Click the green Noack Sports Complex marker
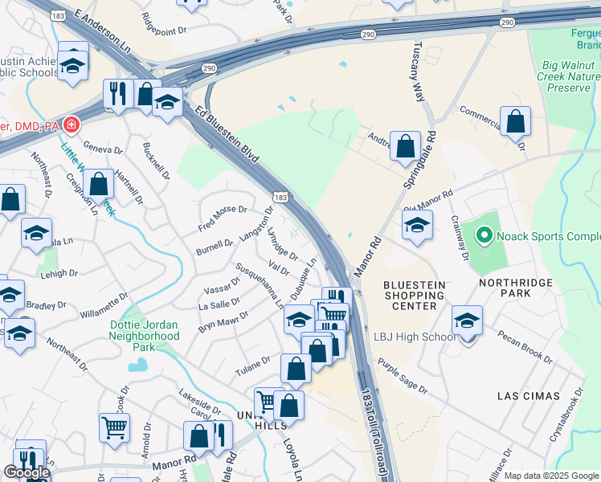point(484,236)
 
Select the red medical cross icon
point(72,125)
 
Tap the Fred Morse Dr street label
point(223,215)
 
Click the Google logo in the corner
point(27,472)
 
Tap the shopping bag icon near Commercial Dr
point(515,122)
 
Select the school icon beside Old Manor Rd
point(417,226)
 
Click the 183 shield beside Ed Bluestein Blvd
point(280,197)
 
